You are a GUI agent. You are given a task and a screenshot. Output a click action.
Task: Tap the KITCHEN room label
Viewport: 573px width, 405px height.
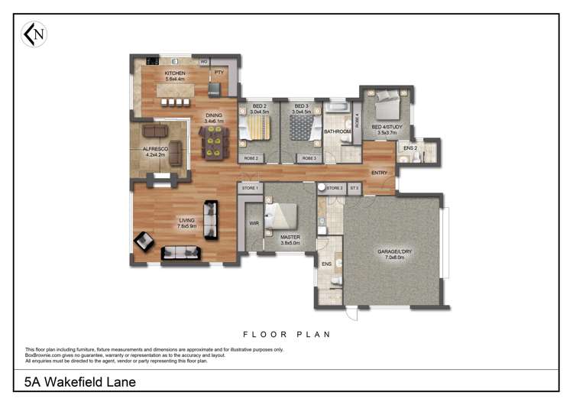175,73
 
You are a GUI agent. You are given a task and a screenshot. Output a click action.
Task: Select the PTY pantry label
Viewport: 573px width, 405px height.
219,73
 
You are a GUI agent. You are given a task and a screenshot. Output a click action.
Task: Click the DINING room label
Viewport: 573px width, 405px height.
213,115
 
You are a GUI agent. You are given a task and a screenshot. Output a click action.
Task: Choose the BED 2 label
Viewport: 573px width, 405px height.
260,106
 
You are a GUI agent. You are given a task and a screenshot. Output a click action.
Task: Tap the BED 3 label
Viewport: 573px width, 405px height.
301,106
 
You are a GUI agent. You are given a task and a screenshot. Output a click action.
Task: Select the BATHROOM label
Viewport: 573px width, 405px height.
338,131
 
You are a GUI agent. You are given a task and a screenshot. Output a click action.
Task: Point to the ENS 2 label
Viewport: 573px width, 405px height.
410,147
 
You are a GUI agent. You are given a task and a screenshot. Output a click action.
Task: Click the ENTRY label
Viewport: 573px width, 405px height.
379,173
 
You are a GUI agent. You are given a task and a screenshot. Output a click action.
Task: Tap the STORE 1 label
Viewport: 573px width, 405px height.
250,187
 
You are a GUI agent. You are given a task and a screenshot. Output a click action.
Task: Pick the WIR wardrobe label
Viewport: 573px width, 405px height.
253,224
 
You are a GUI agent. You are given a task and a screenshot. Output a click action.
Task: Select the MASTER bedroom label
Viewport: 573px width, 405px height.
290,238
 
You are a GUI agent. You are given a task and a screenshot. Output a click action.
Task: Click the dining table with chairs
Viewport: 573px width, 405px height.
213,141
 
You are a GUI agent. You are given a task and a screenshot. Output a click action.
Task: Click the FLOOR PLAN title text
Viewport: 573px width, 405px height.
286,334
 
